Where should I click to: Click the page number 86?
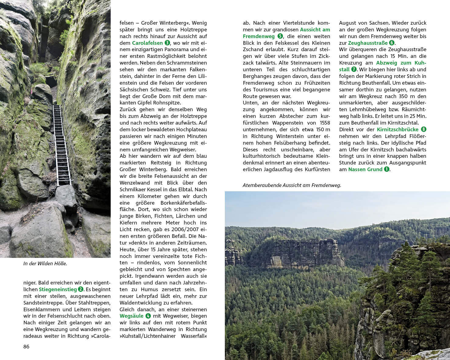tap(27, 347)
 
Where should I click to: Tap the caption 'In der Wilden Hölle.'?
tap(45, 264)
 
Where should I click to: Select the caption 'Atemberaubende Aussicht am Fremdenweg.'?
tap(292, 185)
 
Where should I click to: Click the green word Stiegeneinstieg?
tap(58, 289)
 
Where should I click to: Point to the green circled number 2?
tap(80, 289)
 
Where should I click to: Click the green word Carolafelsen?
tap(147, 43)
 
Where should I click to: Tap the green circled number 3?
tap(167, 43)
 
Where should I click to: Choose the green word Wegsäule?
tap(132, 316)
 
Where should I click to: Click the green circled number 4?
tap(148, 316)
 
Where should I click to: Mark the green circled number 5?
tap(280, 36)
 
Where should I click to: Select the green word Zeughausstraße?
tap(368, 43)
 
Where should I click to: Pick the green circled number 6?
tap(392, 43)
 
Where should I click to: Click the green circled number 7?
tap(354, 69)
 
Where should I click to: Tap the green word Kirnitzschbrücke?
tap(398, 129)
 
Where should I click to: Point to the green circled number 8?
tap(423, 129)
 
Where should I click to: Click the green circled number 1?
tap(387, 169)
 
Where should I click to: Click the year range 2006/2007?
tap(177, 229)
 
